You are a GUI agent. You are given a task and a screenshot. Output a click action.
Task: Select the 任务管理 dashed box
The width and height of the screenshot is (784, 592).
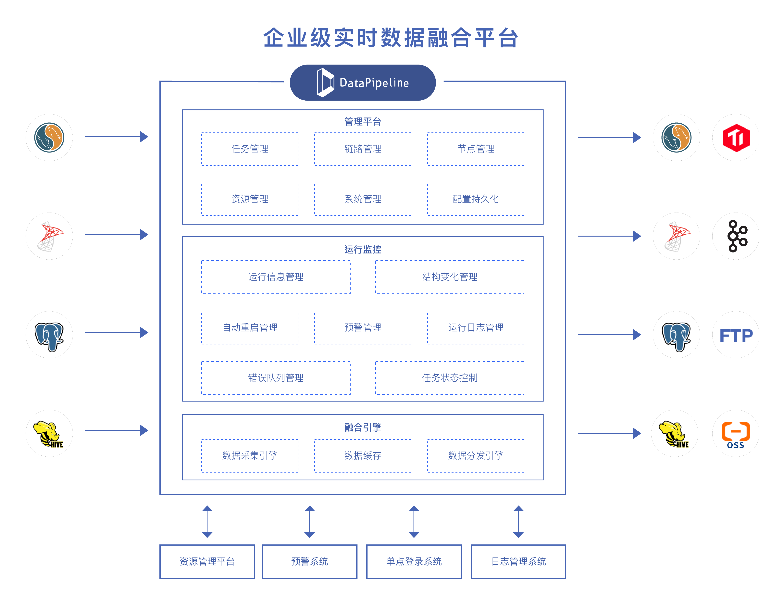click(x=250, y=149)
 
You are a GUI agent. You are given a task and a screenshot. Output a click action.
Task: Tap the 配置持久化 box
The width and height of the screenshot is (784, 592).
click(x=475, y=199)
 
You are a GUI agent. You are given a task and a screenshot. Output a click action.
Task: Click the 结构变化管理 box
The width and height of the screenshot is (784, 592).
click(x=449, y=277)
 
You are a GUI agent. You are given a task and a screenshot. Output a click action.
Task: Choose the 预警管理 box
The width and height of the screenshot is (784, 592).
click(x=363, y=327)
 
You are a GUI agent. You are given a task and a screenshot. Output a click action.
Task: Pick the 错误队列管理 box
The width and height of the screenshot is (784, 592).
click(x=276, y=378)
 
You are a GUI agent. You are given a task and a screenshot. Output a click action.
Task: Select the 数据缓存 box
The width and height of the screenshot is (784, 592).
click(x=363, y=456)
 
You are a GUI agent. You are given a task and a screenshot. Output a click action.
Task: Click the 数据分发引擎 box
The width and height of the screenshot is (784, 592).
click(x=475, y=456)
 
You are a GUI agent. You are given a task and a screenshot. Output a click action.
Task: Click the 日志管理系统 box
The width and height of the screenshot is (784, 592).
click(x=518, y=561)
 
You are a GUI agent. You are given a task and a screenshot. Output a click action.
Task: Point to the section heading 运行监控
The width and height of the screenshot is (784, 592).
click(x=363, y=249)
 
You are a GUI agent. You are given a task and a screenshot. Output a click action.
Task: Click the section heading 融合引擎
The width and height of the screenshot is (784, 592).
click(x=363, y=427)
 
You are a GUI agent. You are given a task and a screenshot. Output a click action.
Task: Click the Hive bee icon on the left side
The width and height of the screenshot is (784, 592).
click(x=49, y=434)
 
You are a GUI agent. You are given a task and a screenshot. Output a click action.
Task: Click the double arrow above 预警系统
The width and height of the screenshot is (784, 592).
click(x=309, y=522)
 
